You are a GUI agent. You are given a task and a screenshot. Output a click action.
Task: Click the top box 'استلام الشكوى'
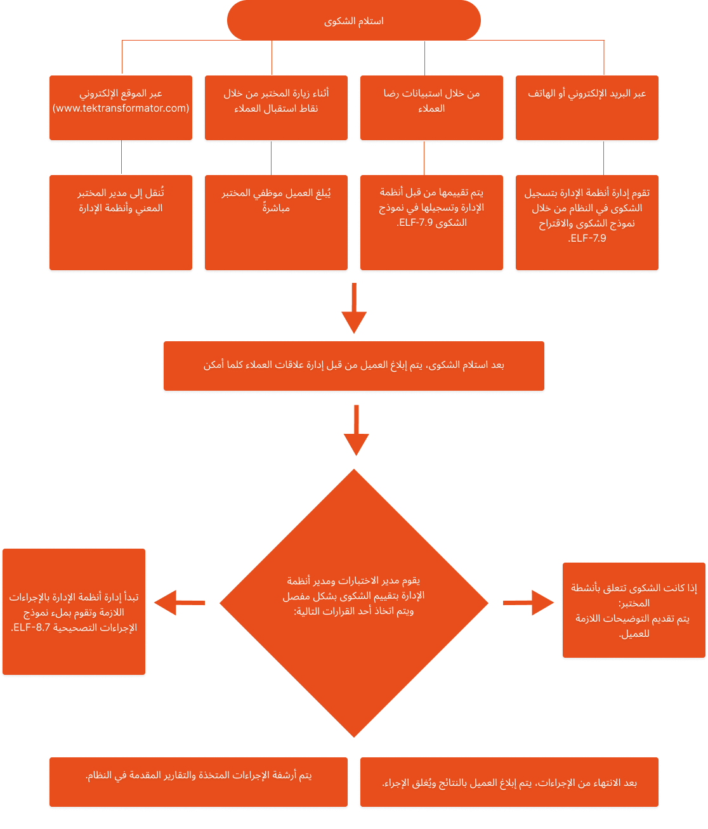[x=353, y=20]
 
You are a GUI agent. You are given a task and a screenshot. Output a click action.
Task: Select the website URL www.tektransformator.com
[x=121, y=108]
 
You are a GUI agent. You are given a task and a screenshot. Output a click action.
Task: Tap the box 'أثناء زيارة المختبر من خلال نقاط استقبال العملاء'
[x=276, y=107]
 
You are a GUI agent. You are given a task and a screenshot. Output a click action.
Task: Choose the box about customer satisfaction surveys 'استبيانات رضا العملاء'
[x=431, y=107]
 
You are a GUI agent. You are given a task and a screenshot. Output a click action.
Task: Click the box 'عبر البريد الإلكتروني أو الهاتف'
[x=587, y=107]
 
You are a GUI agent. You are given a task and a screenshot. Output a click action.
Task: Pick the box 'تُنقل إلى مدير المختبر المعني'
[x=121, y=222]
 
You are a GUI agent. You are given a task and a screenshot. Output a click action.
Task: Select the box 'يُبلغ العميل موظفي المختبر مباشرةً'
[x=276, y=222]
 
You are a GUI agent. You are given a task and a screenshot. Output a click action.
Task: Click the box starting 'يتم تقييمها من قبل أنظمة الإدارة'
[x=431, y=222]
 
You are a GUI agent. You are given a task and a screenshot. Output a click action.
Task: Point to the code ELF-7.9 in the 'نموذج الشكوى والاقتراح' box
[x=587, y=238]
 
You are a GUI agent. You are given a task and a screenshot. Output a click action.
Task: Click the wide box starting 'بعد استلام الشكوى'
[x=354, y=365]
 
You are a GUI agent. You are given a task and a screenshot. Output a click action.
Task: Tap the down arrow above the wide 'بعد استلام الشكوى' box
[x=354, y=308]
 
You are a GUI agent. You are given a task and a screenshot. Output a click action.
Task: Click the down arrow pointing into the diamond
[x=356, y=430]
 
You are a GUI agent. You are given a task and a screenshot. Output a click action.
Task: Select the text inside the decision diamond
[x=353, y=596]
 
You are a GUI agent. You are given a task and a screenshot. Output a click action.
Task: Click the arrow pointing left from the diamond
[x=180, y=603]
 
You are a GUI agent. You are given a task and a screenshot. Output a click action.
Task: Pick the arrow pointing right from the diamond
[x=528, y=603]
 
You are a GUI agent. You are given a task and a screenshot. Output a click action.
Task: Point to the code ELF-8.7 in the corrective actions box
[x=32, y=627]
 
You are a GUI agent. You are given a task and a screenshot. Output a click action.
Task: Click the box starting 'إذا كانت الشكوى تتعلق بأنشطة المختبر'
[x=634, y=610]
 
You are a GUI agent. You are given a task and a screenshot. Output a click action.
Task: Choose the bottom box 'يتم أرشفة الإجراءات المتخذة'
[x=199, y=781]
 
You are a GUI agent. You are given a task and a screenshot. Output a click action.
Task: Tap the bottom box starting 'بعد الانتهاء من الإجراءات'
[x=509, y=781]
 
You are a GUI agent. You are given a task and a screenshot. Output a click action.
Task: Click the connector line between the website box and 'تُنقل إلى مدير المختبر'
[x=121, y=157]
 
